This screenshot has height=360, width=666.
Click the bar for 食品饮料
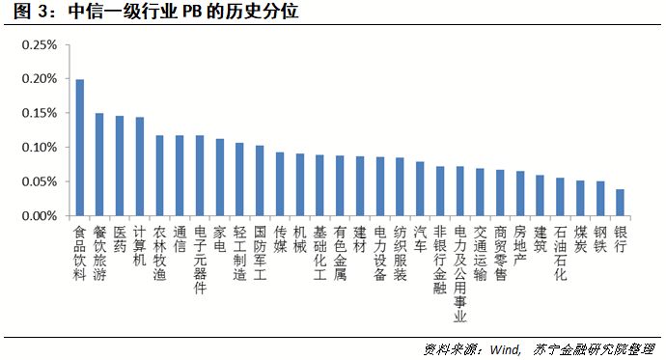pos(80,148)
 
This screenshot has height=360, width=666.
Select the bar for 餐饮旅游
pos(99,164)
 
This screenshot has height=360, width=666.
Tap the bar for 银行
pos(620,203)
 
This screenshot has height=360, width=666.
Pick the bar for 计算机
pos(139,167)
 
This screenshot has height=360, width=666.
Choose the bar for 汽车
pos(420,189)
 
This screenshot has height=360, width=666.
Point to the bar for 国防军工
pos(260,180)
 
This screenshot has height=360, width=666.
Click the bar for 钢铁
pos(599,199)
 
